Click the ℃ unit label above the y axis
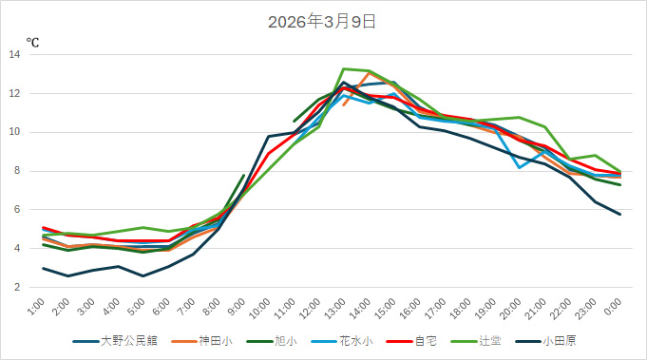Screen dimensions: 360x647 point(31,43)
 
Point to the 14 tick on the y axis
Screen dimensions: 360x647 point(15,55)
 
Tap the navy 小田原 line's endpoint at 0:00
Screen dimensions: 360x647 point(620,215)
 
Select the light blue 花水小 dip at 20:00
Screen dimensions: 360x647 point(519,168)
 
